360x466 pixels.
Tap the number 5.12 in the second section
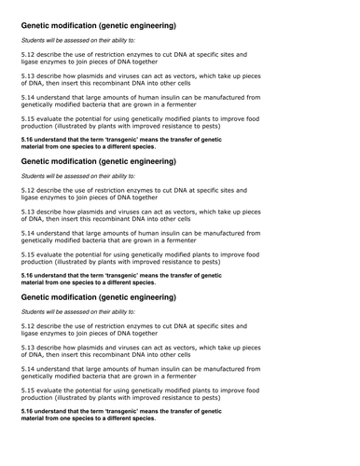point(29,190)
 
